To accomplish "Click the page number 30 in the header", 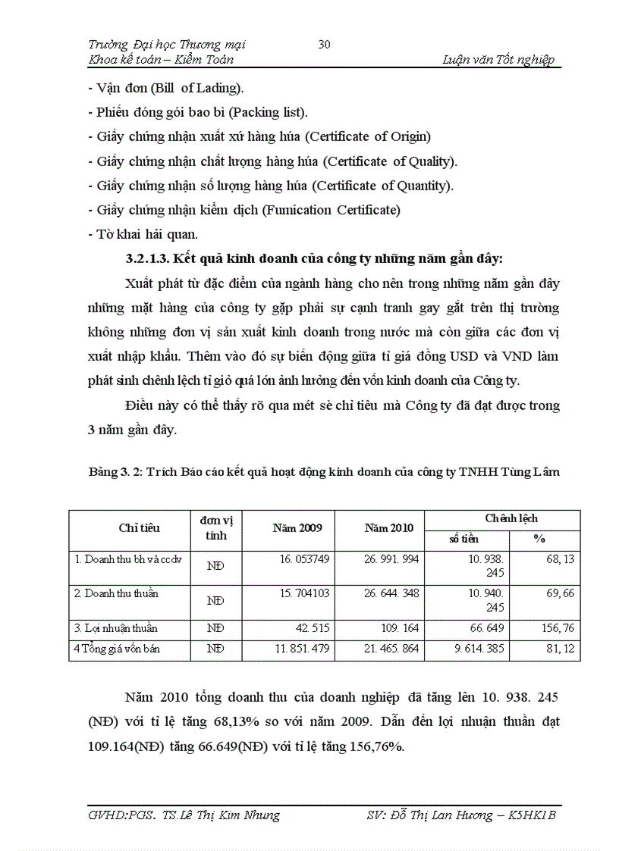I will click(324, 45).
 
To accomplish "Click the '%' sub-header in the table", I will click(539, 539).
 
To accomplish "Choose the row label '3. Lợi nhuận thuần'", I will click(117, 628).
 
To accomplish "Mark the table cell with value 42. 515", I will click(313, 628).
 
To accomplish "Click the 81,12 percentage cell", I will click(560, 649).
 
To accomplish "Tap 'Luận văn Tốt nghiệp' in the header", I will click(498, 60).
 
